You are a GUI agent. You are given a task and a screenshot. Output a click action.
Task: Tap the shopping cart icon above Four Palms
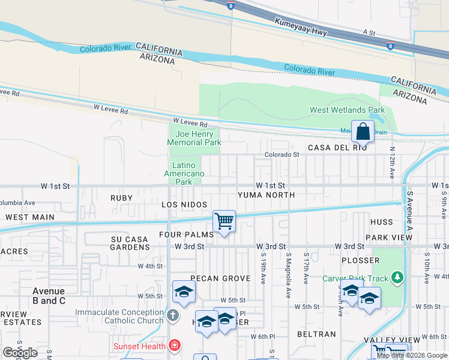[224, 221]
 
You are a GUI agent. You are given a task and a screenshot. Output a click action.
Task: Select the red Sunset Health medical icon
[174, 346]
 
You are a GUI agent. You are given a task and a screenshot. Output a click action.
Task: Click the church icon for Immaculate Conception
[172, 315]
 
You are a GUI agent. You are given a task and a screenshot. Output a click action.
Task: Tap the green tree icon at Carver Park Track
[396, 277]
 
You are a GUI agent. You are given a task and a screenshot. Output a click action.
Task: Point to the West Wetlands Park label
[347, 110]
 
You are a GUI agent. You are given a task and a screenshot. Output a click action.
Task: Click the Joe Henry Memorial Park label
[194, 138]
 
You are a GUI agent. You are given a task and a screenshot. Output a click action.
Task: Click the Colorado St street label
[282, 155]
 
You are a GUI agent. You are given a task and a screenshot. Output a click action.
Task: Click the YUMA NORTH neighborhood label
[266, 195]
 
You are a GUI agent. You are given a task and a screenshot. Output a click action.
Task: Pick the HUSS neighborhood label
[382, 222]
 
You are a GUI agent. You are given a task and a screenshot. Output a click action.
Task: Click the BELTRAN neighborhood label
[316, 334]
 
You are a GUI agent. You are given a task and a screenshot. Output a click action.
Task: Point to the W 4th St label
[150, 266]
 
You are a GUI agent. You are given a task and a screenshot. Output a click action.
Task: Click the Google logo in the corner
[20, 352]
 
